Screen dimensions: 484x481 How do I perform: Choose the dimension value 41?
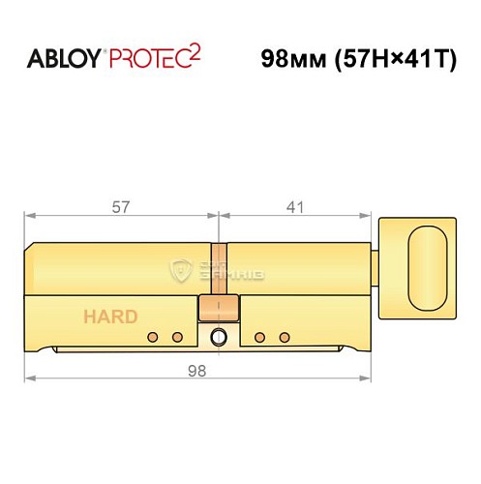[296, 206]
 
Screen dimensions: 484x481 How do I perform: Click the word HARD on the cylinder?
[109, 317]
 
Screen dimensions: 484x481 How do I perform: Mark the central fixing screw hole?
[219, 337]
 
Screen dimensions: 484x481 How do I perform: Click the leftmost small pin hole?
[153, 337]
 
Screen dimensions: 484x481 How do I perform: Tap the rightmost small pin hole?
[285, 337]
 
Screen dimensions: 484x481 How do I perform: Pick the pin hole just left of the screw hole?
[178, 337]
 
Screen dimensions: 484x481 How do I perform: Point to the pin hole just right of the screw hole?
[259, 337]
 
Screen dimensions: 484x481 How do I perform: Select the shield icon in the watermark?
[180, 270]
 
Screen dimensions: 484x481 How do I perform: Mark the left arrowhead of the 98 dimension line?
[30, 378]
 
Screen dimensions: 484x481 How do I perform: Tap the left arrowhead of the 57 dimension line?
[30, 215]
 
